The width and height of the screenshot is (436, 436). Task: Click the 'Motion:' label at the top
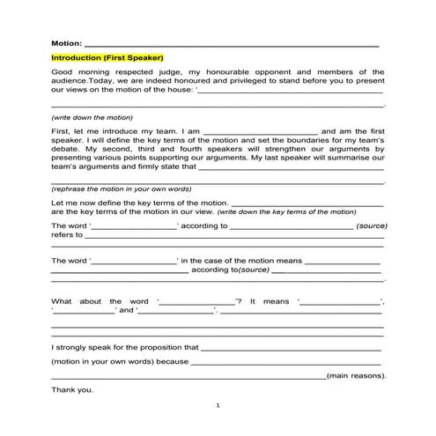(66, 42)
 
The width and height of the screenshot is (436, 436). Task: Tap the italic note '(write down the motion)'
(92, 117)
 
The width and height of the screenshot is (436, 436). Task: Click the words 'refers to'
(67, 235)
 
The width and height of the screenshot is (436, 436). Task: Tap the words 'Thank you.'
(71, 388)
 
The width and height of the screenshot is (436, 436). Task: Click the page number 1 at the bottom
(218, 405)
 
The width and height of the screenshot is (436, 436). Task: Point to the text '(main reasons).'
(356, 375)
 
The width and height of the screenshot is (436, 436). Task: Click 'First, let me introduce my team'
(115, 130)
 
